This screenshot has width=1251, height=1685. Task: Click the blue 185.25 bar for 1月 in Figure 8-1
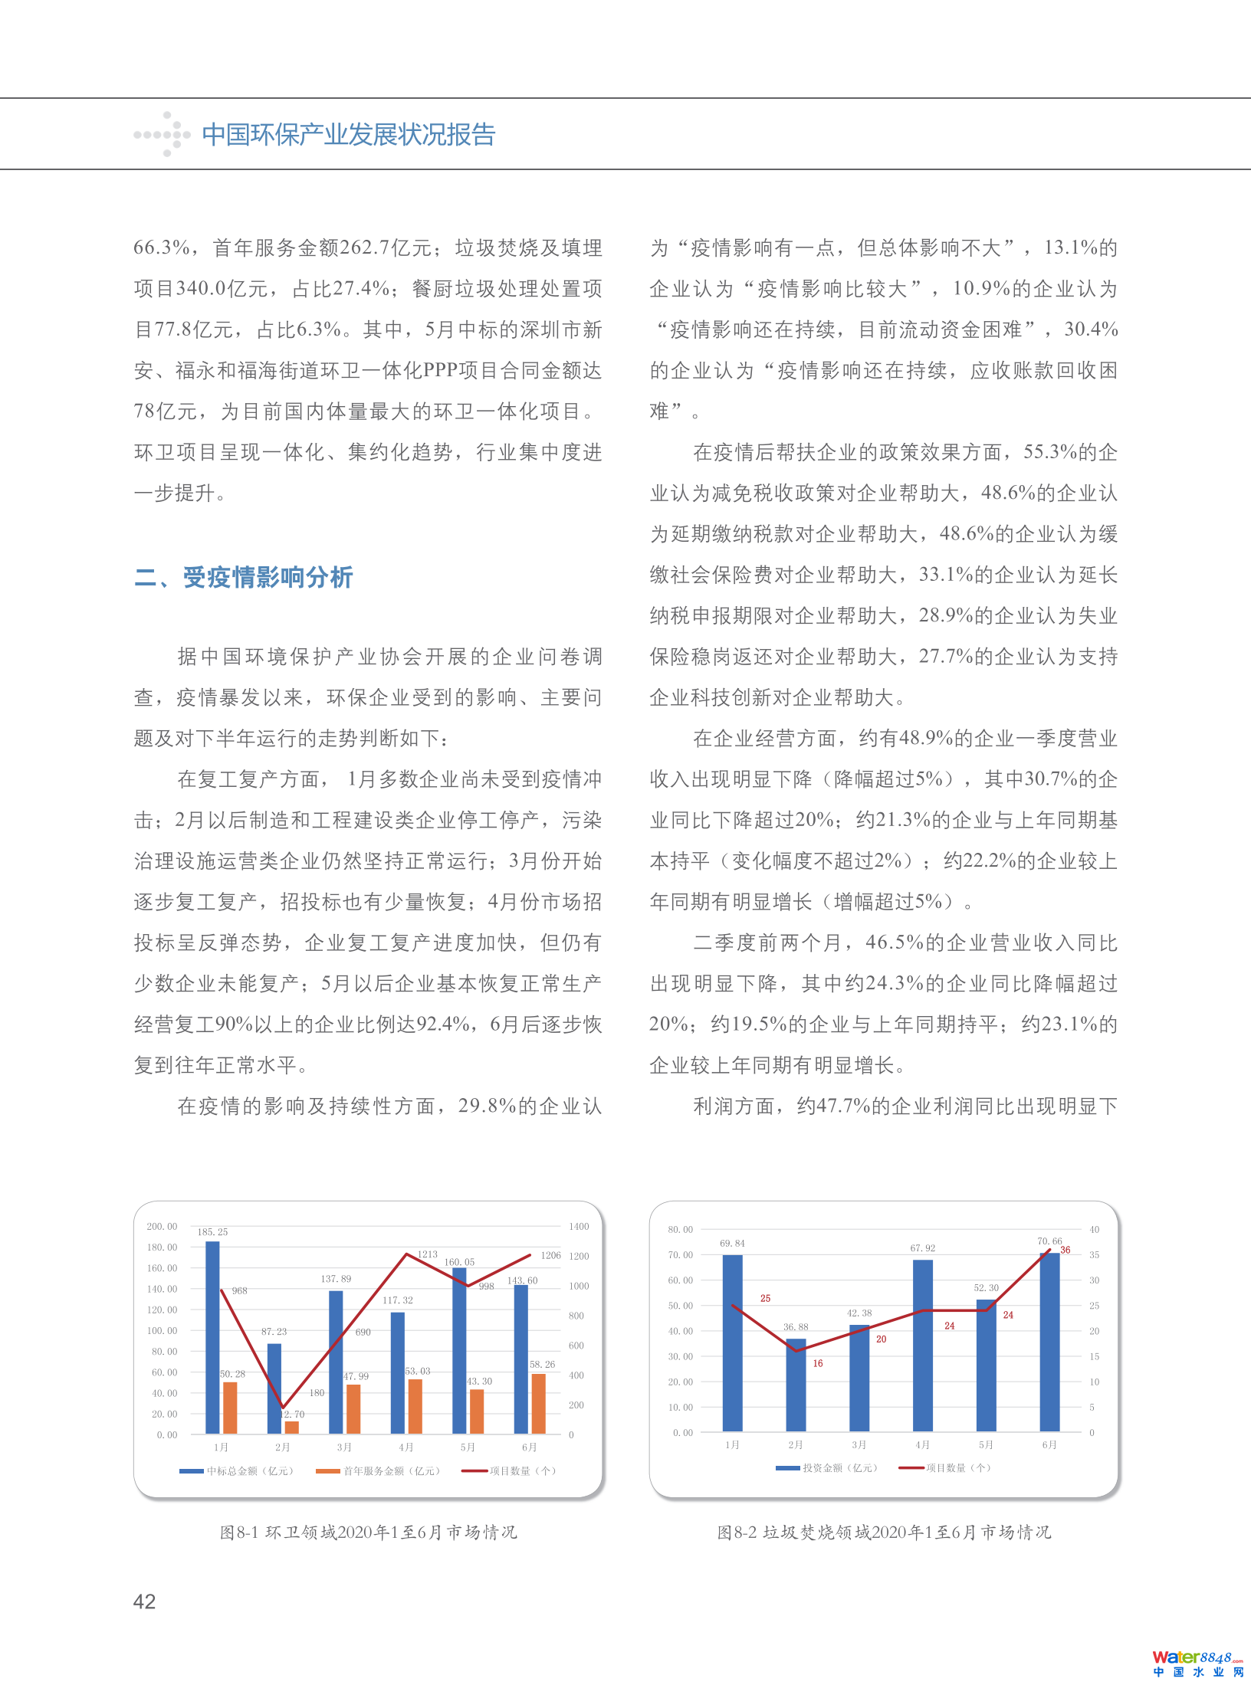pyautogui.click(x=212, y=1336)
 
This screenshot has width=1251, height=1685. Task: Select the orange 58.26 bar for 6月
pyautogui.click(x=538, y=1403)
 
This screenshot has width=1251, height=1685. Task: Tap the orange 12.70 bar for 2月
pyautogui.click(x=291, y=1427)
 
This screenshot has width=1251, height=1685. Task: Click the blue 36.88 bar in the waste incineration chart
pyautogui.click(x=796, y=1385)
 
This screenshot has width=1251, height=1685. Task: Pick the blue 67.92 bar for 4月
pyautogui.click(x=923, y=1345)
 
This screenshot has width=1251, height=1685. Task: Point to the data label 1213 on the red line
pyautogui.click(x=427, y=1254)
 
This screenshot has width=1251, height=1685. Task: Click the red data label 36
pyautogui.click(x=1065, y=1250)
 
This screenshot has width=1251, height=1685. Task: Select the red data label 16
pyautogui.click(x=818, y=1363)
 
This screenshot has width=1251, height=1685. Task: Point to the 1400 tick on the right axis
pyautogui.click(x=579, y=1227)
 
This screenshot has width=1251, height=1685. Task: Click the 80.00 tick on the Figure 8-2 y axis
pyautogui.click(x=680, y=1230)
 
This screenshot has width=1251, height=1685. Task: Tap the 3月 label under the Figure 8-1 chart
pyautogui.click(x=344, y=1447)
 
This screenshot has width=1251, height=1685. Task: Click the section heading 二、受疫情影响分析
pyautogui.click(x=244, y=577)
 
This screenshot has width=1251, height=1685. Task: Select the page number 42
pyautogui.click(x=144, y=1601)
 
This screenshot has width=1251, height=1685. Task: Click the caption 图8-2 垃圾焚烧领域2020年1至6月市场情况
pyautogui.click(x=884, y=1533)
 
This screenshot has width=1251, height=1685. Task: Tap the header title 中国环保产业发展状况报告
pyautogui.click(x=349, y=135)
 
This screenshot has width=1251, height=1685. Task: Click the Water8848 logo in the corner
pyautogui.click(x=1197, y=1663)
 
